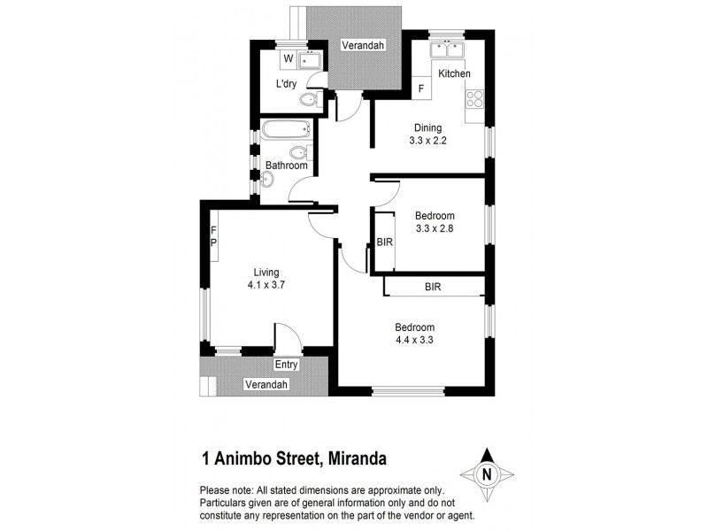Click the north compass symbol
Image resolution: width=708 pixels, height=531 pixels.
(486, 473)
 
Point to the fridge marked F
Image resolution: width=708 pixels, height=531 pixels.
(421, 88)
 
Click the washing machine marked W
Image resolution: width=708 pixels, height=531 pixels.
(289, 60)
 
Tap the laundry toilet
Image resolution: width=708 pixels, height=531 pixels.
(308, 100)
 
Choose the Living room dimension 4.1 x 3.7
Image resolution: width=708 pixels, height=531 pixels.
(265, 285)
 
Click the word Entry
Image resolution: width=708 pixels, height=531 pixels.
(287, 365)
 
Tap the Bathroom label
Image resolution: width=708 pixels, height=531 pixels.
(287, 165)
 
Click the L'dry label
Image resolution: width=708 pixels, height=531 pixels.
(286, 84)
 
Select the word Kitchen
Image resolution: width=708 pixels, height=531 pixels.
(454, 73)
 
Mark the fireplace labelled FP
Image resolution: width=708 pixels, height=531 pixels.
(213, 237)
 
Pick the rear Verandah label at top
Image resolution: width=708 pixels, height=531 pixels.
(365, 46)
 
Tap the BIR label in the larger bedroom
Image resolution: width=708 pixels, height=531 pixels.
(433, 287)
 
